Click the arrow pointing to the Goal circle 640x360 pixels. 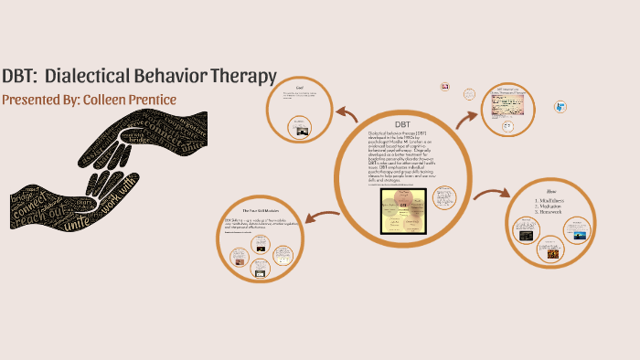347,113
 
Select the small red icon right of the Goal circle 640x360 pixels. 445,86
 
